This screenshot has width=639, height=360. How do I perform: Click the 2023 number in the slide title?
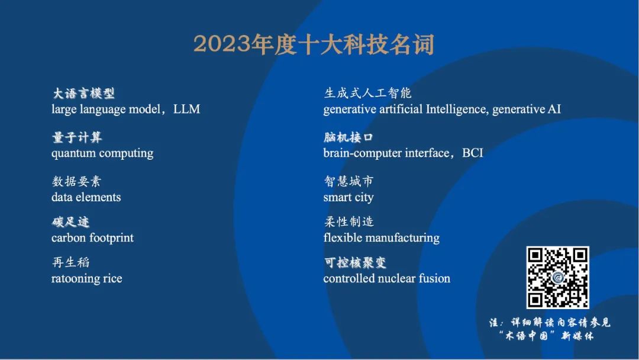coord(221,44)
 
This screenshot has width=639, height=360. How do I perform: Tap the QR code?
coord(557,277)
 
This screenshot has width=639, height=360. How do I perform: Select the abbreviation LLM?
coord(186,110)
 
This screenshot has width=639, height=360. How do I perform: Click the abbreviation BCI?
coord(472,153)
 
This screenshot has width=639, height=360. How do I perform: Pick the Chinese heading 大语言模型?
coord(83,94)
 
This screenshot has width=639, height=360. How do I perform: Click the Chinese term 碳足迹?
coord(70,222)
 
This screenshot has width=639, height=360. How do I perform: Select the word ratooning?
coord(75,279)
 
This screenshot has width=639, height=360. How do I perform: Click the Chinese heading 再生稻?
coord(70,262)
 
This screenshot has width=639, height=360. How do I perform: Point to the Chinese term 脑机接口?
coord(348,137)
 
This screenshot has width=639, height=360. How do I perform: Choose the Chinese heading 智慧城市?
coord(348,181)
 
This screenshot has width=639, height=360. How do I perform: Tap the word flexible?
coord(340,237)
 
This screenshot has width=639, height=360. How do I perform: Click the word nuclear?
coord(395,278)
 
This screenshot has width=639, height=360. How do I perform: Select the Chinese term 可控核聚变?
coord(355,262)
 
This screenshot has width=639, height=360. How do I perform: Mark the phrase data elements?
coord(86,197)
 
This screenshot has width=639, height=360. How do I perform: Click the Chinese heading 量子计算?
coord(77,137)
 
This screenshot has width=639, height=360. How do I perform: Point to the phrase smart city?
coord(348,198)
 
